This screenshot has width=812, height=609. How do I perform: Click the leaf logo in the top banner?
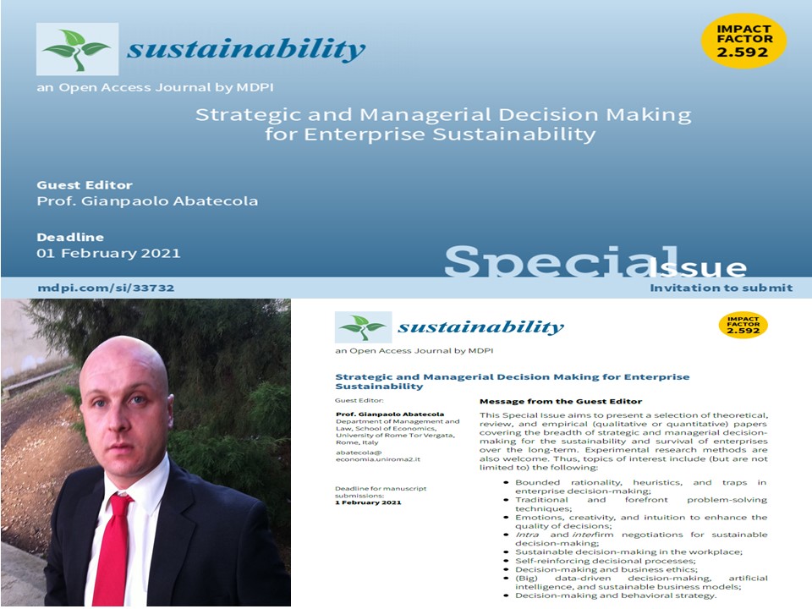coord(77,49)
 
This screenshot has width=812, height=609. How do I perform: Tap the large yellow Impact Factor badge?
coord(743,40)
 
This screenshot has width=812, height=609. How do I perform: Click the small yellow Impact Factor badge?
coord(742,326)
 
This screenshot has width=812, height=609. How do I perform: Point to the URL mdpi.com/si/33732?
coord(106,288)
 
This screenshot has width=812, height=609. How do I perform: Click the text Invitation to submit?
coord(721,288)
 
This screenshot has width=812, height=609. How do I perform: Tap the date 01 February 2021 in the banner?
coord(108,253)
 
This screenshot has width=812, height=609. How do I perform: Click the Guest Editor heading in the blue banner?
coord(85,185)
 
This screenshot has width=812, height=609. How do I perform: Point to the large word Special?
coord(562,262)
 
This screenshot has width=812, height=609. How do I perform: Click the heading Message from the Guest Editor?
coord(561,401)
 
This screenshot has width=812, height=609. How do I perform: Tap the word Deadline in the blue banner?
coord(70,237)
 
